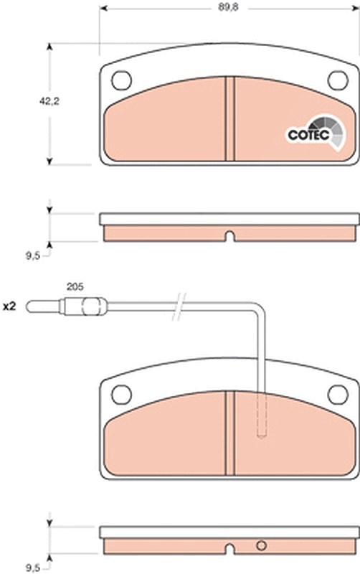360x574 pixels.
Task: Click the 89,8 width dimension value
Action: tap(228, 7)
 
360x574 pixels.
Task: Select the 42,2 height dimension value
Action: tap(49, 101)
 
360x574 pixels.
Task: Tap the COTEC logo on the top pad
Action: tap(316, 133)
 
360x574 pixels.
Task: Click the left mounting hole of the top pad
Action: tap(121, 80)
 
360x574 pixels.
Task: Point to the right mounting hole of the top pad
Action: tap(338, 80)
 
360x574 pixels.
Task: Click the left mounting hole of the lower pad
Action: tap(121, 394)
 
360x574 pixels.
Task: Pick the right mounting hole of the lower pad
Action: tap(338, 394)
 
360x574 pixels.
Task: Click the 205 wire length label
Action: tap(75, 286)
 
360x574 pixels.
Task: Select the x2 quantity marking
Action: tap(9, 307)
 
